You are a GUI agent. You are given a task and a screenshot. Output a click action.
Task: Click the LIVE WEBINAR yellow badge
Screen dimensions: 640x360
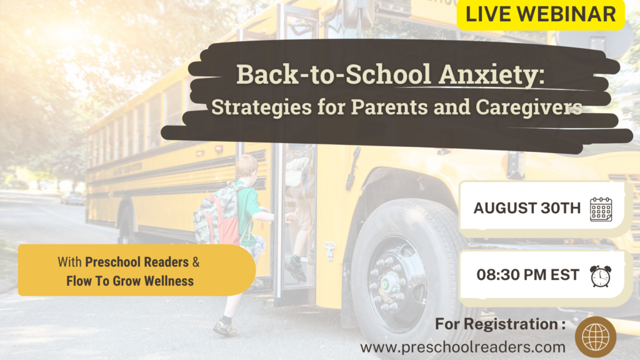[x=541, y=14]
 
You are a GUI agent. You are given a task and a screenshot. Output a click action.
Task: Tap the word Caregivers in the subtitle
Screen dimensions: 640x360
[x=529, y=107]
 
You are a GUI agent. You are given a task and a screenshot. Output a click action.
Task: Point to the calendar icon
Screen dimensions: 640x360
[x=601, y=209]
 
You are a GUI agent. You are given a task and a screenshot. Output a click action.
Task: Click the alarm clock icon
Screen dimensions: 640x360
[x=601, y=276]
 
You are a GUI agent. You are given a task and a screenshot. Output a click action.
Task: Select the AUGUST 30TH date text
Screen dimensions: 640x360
[x=527, y=208]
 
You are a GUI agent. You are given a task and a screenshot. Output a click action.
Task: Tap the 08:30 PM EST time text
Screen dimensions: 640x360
[x=527, y=275]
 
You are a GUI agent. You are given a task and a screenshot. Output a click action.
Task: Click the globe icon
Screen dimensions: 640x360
[x=596, y=337]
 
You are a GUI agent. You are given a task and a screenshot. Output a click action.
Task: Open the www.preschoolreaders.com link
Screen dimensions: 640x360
[x=463, y=347]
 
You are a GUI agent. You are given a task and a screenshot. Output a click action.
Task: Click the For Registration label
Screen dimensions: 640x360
[x=501, y=324]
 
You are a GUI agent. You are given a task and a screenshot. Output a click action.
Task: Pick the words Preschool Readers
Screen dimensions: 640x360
[x=137, y=262]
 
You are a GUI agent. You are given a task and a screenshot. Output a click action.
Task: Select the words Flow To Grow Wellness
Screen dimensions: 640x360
[x=130, y=281]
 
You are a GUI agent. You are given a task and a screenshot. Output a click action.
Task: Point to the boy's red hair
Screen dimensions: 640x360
[x=246, y=165]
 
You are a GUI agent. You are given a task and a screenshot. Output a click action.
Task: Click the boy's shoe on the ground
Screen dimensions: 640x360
[x=224, y=327]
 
